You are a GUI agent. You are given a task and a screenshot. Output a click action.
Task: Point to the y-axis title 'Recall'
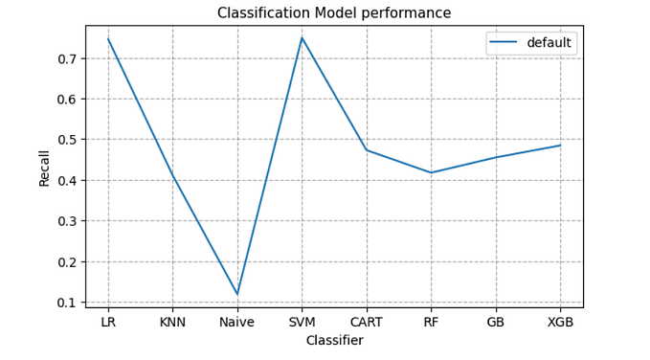click(44, 168)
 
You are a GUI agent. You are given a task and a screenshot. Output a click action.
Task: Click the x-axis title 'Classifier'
click(334, 341)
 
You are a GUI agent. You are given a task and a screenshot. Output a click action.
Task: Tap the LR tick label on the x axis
click(108, 323)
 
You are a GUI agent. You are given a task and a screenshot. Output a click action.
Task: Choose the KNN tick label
click(172, 323)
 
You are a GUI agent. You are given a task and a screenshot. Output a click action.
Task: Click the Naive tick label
click(237, 323)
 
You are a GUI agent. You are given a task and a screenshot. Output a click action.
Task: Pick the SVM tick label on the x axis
click(302, 323)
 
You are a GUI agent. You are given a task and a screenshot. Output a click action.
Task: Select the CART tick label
click(367, 323)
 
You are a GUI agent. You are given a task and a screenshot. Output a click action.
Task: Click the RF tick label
click(431, 323)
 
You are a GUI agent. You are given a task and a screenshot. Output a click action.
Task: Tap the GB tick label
click(496, 323)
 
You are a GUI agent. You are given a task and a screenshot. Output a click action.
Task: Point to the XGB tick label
click(560, 323)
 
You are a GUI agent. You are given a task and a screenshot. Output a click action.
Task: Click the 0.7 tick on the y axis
click(68, 58)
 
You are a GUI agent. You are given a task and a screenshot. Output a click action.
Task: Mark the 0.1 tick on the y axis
click(68, 303)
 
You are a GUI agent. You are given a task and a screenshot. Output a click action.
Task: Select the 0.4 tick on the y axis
click(68, 180)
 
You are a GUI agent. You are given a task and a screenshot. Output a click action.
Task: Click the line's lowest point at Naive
click(237, 294)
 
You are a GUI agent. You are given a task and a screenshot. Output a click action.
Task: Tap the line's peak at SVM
click(302, 38)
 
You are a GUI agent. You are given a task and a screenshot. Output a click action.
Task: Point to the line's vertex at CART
click(367, 150)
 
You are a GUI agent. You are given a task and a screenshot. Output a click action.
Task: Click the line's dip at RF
click(431, 172)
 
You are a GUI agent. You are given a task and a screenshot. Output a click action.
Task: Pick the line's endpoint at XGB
click(560, 146)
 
